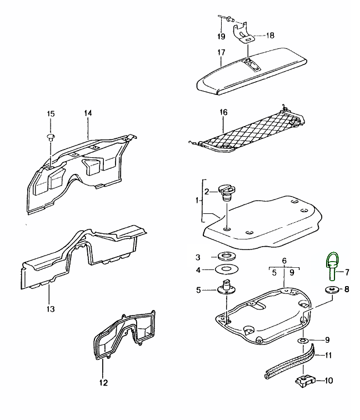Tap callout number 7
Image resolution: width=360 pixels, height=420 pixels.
347,272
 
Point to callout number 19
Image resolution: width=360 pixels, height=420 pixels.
221,37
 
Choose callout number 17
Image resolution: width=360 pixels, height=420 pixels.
221,53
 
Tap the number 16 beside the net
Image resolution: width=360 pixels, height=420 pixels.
224,112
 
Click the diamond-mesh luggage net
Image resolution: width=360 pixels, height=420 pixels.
250,130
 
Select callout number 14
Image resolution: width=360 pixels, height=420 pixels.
88,113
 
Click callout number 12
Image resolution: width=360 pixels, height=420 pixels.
104,382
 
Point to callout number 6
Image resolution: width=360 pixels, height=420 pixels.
283,260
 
